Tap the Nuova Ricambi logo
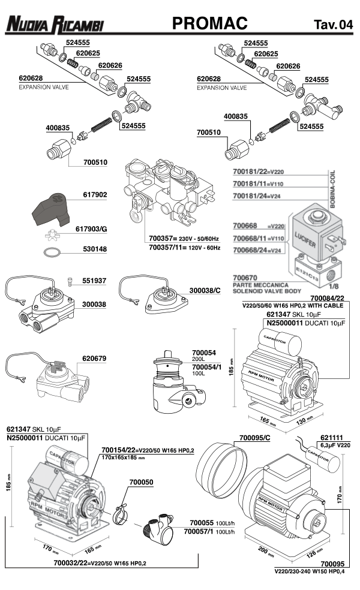click(x=55, y=25)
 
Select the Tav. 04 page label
click(x=332, y=25)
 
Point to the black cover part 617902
click(x=52, y=207)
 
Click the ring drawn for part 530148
click(x=53, y=249)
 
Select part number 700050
click(x=141, y=482)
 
